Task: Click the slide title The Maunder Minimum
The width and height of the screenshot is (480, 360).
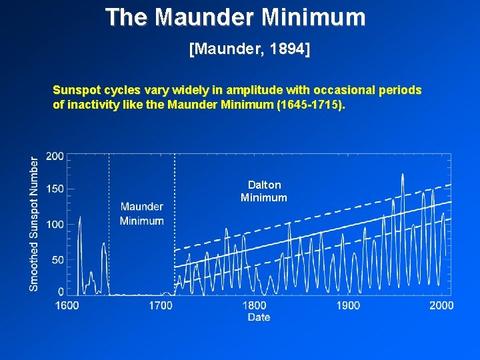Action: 235,17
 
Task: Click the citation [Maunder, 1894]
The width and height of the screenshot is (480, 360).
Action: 250,50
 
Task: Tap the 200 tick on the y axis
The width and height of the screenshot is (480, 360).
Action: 55,156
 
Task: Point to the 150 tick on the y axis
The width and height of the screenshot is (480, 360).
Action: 55,189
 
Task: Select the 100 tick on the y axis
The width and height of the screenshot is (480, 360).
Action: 55,225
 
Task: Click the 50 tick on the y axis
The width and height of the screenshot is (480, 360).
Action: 58,259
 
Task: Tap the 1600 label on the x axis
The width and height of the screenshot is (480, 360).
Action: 67,305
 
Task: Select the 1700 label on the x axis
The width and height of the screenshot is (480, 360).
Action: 160,305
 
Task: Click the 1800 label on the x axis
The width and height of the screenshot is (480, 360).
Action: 254,305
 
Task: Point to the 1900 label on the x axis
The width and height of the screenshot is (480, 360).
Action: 348,305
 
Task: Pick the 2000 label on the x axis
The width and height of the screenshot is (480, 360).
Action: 441,305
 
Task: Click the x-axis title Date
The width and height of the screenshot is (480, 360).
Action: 259,317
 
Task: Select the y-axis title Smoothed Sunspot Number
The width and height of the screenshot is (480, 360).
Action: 34,223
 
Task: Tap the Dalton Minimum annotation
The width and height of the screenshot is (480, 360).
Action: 264,191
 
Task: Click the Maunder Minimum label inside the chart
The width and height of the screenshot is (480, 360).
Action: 142,214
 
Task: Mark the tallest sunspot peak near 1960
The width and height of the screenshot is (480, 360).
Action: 403,175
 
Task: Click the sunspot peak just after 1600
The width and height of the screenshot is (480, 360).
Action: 80,217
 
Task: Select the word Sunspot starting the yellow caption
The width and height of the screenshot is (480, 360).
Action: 74,90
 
